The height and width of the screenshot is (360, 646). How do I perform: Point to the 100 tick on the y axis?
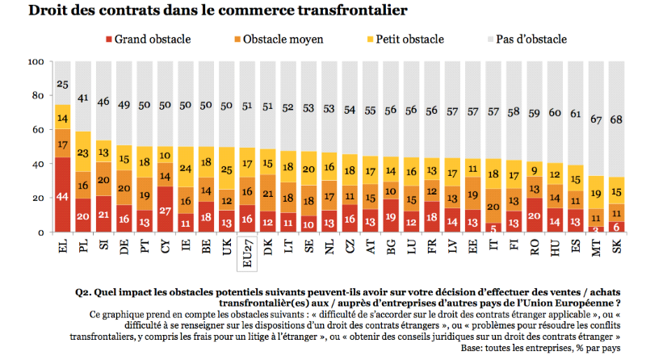click(x=36, y=62)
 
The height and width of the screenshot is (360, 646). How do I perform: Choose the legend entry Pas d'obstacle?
click(x=528, y=39)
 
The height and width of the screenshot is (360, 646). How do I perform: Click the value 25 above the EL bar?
click(x=61, y=83)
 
